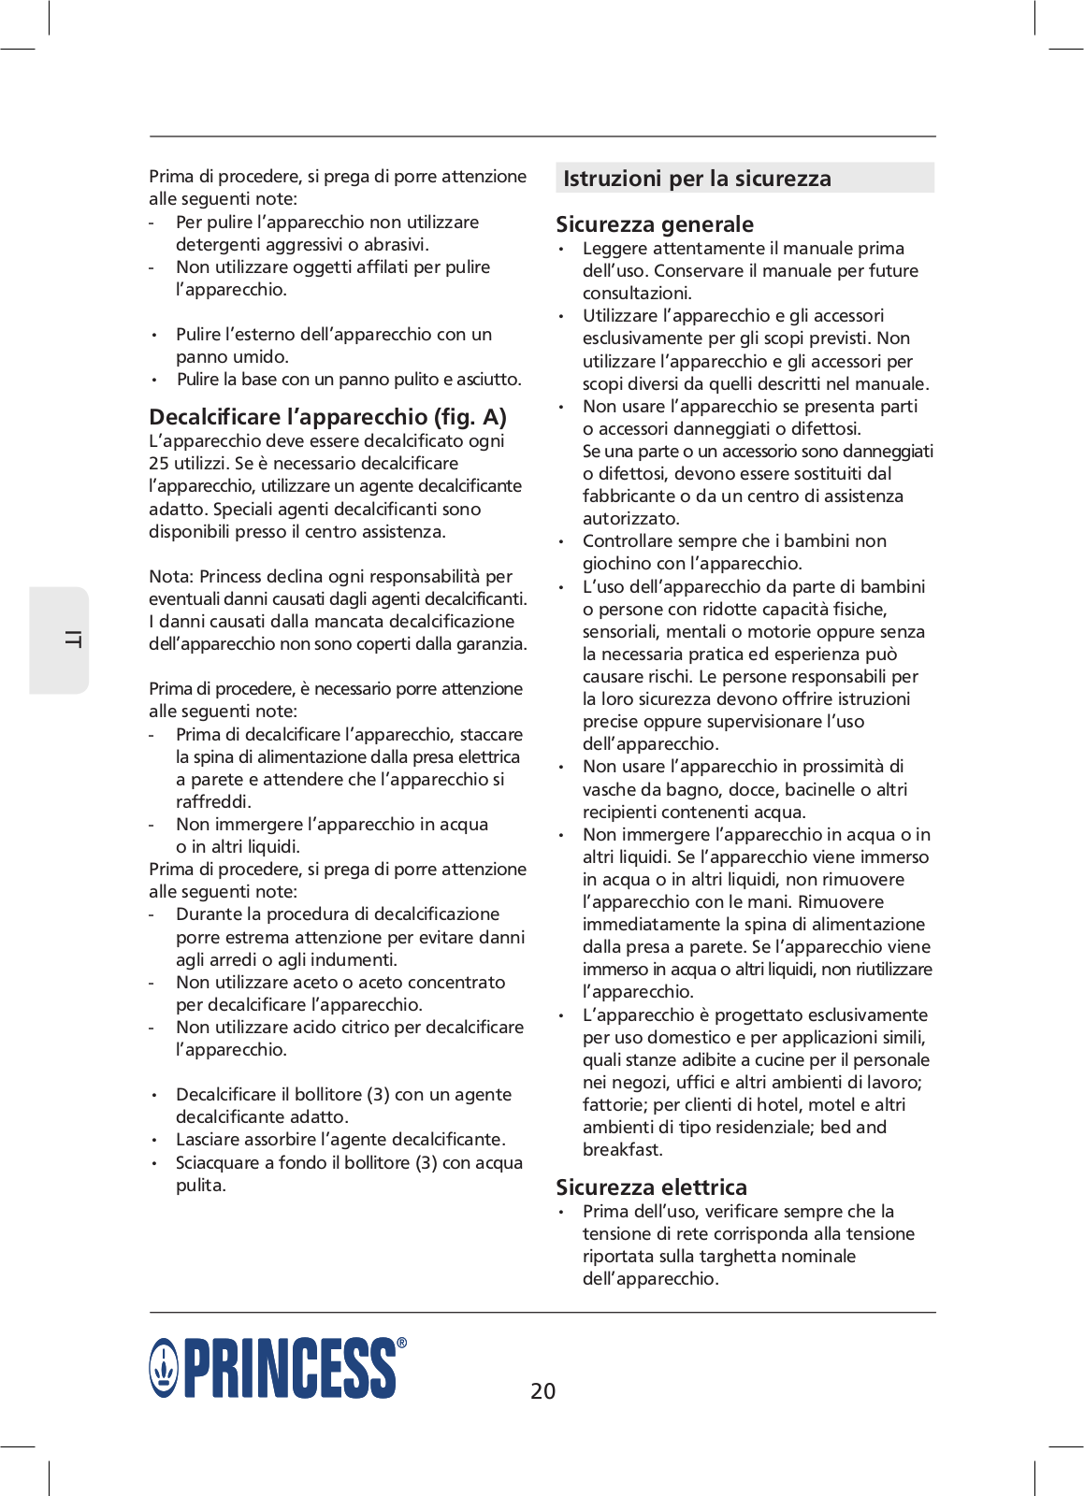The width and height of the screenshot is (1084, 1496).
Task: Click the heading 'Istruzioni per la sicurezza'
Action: [697, 179]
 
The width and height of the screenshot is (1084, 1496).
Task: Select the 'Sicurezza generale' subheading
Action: [655, 224]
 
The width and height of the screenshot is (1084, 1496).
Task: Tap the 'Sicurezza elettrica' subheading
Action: [651, 1187]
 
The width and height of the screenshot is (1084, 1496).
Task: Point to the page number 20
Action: [542, 1391]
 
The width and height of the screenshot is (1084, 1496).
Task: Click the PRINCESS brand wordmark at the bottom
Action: [290, 1368]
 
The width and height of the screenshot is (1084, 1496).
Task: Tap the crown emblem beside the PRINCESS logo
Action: [164, 1368]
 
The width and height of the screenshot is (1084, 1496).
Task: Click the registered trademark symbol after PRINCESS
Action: [402, 1344]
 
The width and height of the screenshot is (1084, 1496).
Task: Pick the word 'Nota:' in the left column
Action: [171, 577]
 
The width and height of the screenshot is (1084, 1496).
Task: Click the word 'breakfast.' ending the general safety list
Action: [622, 1150]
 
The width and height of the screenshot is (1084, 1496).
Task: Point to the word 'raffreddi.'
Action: [213, 802]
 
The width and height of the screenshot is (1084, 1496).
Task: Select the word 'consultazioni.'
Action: [637, 294]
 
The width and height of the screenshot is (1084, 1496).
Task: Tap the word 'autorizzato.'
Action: [630, 519]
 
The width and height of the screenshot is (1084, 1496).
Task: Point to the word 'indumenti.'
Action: [351, 960]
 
